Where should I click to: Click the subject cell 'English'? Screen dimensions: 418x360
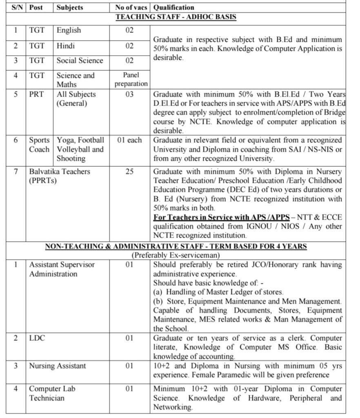coord(69,30)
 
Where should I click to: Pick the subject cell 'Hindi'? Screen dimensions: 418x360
coord(66,46)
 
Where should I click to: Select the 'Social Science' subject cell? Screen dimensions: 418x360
coord(80,60)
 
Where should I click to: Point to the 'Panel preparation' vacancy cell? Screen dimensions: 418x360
coord(131,79)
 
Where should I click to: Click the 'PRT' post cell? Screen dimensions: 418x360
coord(36,94)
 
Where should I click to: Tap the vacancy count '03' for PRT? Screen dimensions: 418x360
coord(129,94)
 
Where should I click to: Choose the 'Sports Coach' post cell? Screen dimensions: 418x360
coord(39,145)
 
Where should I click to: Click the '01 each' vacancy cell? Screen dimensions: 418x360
coord(129,140)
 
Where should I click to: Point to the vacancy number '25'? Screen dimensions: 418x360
coord(129,171)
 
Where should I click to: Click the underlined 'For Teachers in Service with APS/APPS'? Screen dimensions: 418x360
coord(221,217)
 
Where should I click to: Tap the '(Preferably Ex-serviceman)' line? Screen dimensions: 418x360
coord(176,255)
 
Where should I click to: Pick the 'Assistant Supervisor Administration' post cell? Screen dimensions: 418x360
coord(62,269)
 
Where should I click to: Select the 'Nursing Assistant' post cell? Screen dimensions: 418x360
coord(57,366)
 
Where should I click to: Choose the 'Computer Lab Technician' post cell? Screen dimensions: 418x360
coord(52,393)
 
